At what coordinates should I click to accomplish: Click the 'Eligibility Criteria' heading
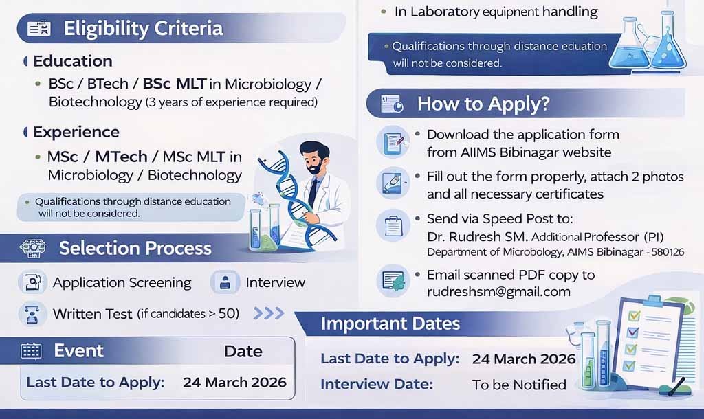143,28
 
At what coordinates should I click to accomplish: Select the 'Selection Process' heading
135,248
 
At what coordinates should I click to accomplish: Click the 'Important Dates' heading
390,323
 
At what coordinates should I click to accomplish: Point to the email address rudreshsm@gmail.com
498,291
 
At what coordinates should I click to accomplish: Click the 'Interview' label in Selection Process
275,282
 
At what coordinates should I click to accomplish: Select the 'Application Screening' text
122,282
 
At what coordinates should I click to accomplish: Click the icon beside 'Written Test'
32,313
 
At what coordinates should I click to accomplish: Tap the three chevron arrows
269,313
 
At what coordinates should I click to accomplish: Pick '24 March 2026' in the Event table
234,382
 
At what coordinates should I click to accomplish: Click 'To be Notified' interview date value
519,384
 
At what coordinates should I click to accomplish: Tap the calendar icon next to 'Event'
32,351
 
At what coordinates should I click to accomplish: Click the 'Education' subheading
73,61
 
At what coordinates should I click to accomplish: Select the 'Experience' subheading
76,132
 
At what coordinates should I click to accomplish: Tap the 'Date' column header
243,351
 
